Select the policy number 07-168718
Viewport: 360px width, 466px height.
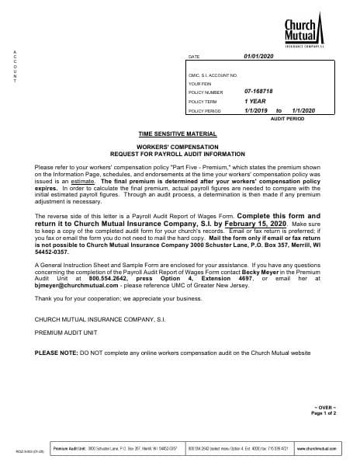[x=259, y=92]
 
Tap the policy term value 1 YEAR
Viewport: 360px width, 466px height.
[x=254, y=101]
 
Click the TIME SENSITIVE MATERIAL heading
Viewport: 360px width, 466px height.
[x=178, y=134]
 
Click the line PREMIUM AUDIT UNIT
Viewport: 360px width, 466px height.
[x=65, y=332]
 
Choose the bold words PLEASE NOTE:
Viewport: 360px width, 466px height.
[x=56, y=353]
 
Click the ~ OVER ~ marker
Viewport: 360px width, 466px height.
[x=324, y=407]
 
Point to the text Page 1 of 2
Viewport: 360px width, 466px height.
[x=324, y=413]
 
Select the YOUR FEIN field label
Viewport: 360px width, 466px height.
[x=200, y=83]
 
